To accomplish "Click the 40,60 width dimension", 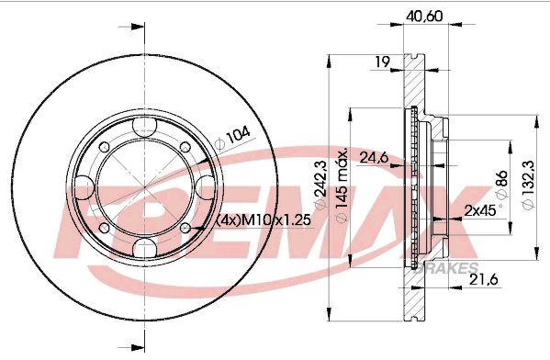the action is click(x=424, y=17).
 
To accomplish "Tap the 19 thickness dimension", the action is click(x=382, y=62).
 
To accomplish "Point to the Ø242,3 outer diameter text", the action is click(x=320, y=185).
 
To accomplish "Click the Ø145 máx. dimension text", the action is click(x=342, y=186).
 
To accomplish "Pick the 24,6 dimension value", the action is click(x=374, y=157).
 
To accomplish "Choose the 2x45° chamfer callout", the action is click(x=483, y=209).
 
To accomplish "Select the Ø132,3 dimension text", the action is click(x=528, y=185).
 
